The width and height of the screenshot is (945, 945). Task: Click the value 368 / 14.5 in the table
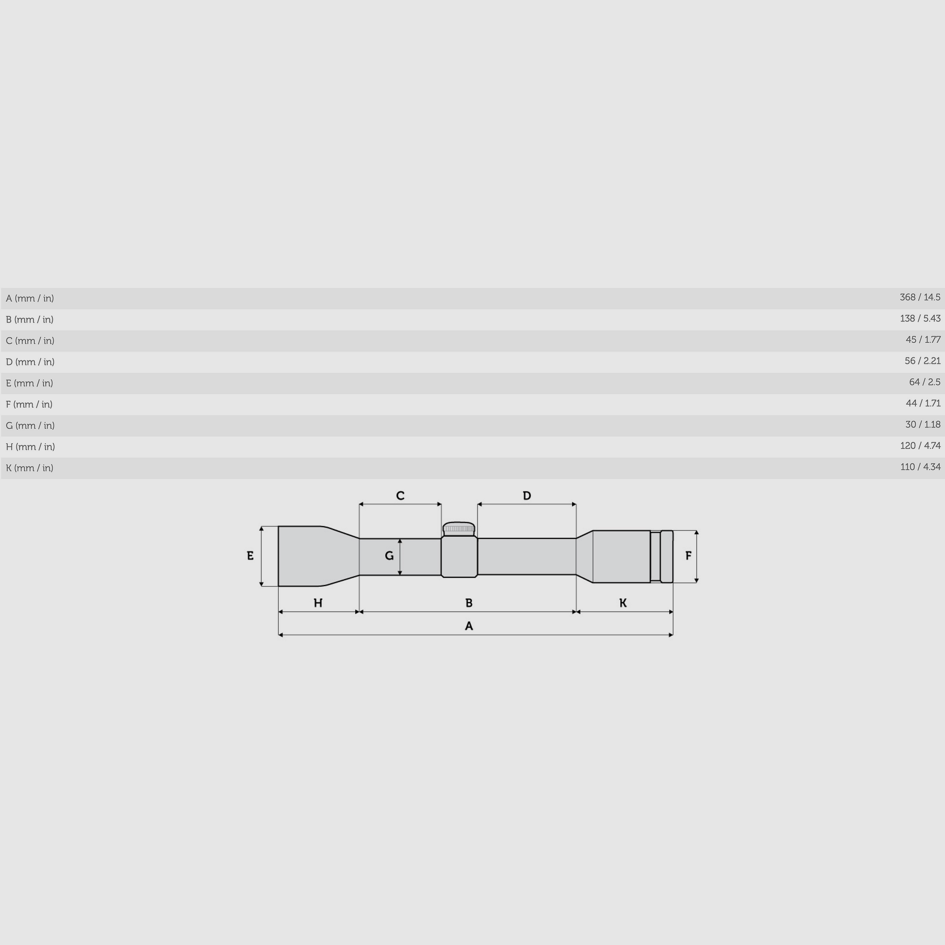click(920, 297)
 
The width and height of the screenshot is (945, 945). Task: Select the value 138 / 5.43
click(920, 319)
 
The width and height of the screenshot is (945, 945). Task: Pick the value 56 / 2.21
click(922, 361)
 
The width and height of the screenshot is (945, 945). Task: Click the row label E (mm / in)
click(29, 383)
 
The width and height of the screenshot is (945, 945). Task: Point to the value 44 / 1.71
click(923, 403)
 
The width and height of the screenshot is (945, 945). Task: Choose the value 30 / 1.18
click(923, 424)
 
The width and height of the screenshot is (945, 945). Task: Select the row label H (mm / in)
click(30, 447)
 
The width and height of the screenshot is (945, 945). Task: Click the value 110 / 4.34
click(920, 467)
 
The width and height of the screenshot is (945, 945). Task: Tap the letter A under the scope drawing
click(469, 626)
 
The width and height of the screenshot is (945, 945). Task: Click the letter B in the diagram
click(469, 603)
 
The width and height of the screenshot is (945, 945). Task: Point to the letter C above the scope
click(400, 496)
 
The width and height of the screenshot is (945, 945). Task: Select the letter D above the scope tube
click(527, 496)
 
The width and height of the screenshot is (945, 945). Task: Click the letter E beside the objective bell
click(250, 556)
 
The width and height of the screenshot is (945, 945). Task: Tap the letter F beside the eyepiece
click(688, 556)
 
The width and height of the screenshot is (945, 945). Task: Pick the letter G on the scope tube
click(389, 556)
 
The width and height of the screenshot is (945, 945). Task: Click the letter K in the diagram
click(623, 603)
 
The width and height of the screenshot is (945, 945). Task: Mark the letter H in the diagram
click(318, 603)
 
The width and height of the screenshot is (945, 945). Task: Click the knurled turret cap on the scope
click(459, 528)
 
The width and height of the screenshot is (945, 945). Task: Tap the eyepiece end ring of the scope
click(667, 557)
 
